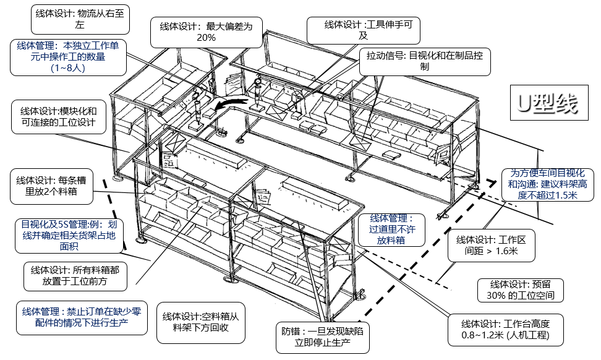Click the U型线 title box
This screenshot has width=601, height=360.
click(x=544, y=104)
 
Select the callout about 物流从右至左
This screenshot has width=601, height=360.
click(x=80, y=19)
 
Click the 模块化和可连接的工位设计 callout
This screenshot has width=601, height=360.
click(x=59, y=118)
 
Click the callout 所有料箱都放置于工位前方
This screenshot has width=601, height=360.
click(x=75, y=276)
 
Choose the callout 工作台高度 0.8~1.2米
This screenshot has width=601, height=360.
click(x=505, y=330)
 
